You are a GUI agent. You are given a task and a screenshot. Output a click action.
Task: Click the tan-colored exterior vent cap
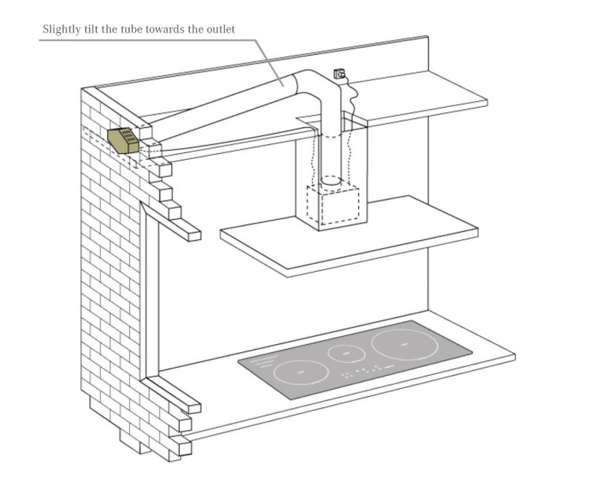tap(123, 139)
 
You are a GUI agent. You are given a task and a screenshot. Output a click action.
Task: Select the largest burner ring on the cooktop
tap(402, 344)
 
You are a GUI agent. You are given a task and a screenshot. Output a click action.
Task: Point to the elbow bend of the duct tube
tap(316, 83)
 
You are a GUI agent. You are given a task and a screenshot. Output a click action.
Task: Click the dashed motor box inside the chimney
tap(333, 203)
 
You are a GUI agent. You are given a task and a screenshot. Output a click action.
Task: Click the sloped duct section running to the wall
tap(223, 111)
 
